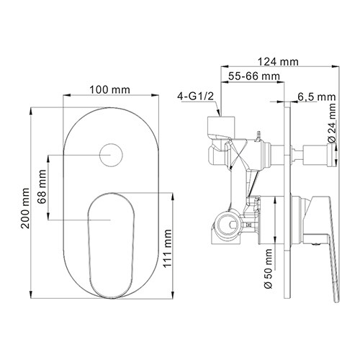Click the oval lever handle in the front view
pos(110,238)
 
